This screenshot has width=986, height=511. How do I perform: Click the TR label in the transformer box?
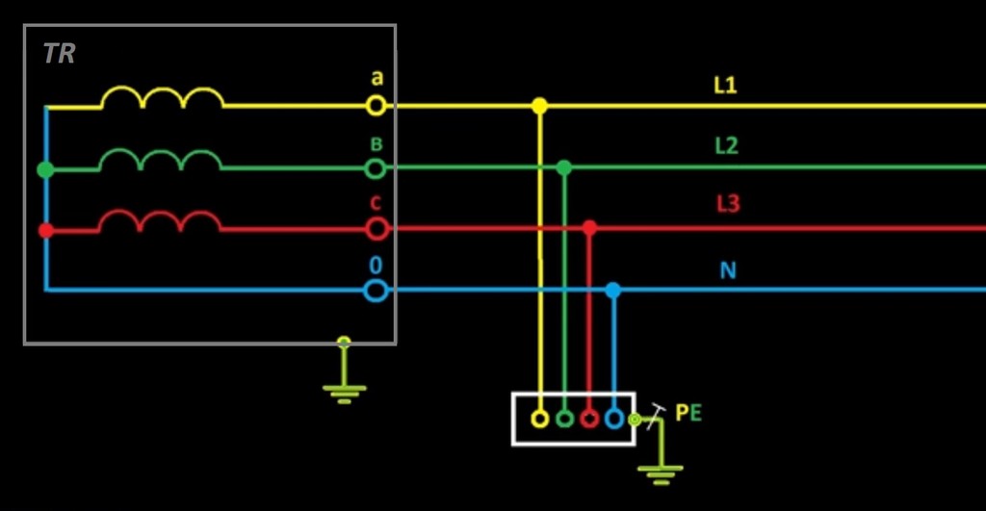pos(59,54)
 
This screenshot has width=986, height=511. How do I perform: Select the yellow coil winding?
pos(162,98)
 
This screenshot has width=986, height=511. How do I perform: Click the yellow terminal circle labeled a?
pos(376,105)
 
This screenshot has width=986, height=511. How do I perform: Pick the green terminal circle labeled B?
pos(376,168)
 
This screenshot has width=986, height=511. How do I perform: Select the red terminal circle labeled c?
pos(376,229)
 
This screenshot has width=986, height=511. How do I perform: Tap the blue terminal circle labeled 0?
pos(376,290)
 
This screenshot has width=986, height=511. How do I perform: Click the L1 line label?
pos(725,86)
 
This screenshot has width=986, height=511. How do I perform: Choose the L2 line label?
pos(726,146)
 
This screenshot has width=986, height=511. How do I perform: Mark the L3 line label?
pos(727,205)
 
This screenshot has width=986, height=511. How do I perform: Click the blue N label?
pos(728,270)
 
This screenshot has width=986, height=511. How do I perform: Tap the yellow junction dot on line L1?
pos(539,106)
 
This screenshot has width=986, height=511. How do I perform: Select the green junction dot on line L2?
pos(564,168)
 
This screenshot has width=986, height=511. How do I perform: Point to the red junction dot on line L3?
pos(589,228)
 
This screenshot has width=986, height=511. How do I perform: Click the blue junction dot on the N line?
pos(613,290)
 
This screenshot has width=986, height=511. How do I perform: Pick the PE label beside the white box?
pos(688,414)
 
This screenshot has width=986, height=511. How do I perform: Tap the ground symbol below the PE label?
pos(661,471)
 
